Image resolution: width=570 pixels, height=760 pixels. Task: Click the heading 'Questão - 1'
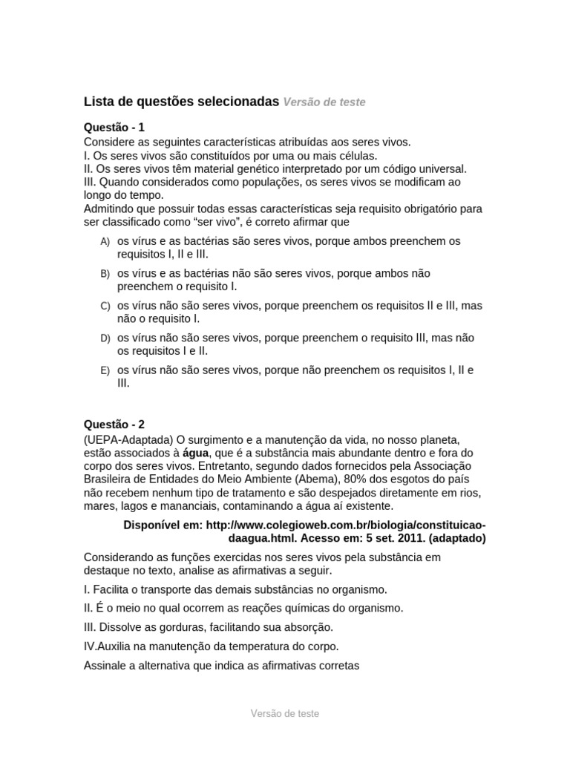click(x=119, y=128)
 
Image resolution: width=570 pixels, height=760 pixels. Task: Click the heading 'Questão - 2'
click(x=119, y=425)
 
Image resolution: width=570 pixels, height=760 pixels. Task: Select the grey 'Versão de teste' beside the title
click(x=324, y=102)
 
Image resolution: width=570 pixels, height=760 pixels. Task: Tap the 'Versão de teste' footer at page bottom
click(x=284, y=713)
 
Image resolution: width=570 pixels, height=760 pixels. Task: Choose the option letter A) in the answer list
click(x=105, y=242)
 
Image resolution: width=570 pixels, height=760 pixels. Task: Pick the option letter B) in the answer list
click(x=105, y=274)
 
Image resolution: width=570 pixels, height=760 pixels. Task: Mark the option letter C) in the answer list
click(x=105, y=306)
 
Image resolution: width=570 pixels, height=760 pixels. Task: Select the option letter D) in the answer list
click(x=105, y=338)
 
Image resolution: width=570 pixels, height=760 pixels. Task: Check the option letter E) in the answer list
click(x=105, y=370)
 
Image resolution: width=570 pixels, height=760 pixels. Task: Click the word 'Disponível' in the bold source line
click(x=154, y=525)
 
